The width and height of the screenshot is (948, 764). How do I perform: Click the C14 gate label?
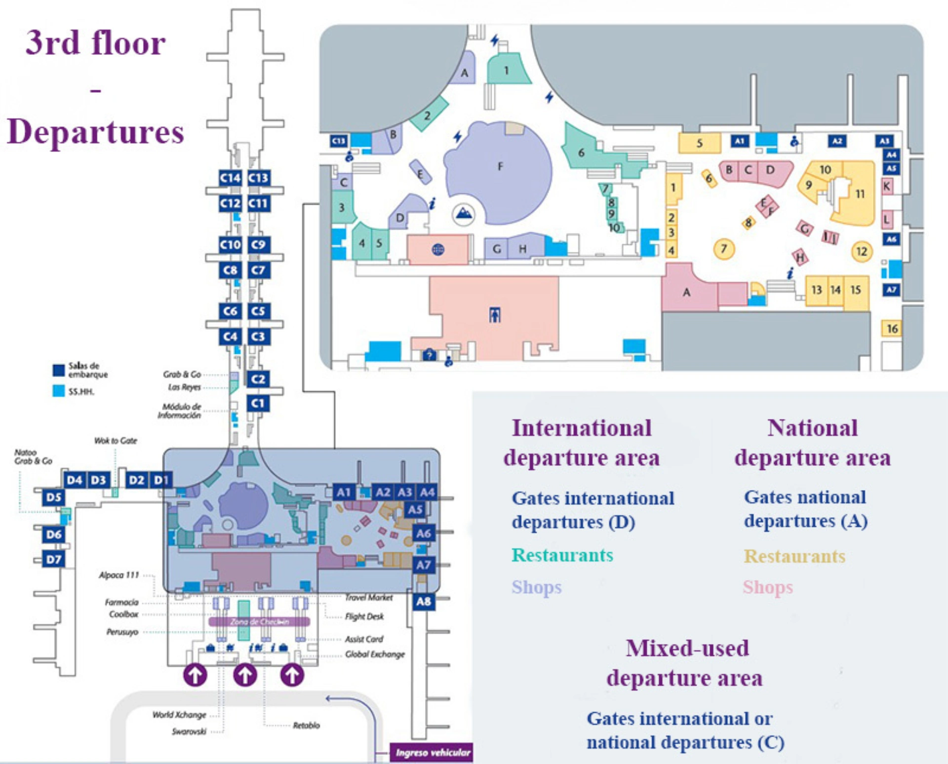click(230, 178)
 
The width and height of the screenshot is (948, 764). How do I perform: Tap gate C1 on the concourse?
click(258, 403)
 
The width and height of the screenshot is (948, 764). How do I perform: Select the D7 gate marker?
click(54, 559)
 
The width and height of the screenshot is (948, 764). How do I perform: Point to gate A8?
click(424, 601)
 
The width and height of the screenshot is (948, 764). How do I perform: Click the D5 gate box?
click(54, 497)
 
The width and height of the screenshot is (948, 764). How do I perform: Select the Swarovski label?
click(189, 731)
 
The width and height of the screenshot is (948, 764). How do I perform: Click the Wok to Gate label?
click(116, 441)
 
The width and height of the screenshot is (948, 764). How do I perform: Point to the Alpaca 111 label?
click(119, 575)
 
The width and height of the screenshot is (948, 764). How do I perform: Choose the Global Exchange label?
click(375, 654)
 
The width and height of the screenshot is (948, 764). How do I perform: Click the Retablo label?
click(306, 725)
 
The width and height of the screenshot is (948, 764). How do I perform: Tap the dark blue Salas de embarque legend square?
click(59, 370)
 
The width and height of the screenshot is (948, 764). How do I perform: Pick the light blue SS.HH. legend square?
click(59, 391)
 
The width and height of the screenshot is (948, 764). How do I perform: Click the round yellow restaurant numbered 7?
click(724, 249)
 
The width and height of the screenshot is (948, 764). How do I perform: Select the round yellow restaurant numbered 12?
click(862, 251)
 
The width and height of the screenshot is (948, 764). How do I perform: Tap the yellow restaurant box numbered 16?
click(892, 328)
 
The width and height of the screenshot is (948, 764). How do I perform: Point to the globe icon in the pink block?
click(438, 249)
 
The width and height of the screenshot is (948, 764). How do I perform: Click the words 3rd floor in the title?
click(96, 42)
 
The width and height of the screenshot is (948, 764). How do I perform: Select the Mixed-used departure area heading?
click(686, 663)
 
